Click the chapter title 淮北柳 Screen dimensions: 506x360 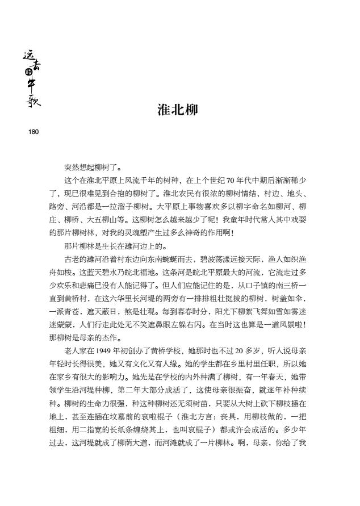177,110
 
